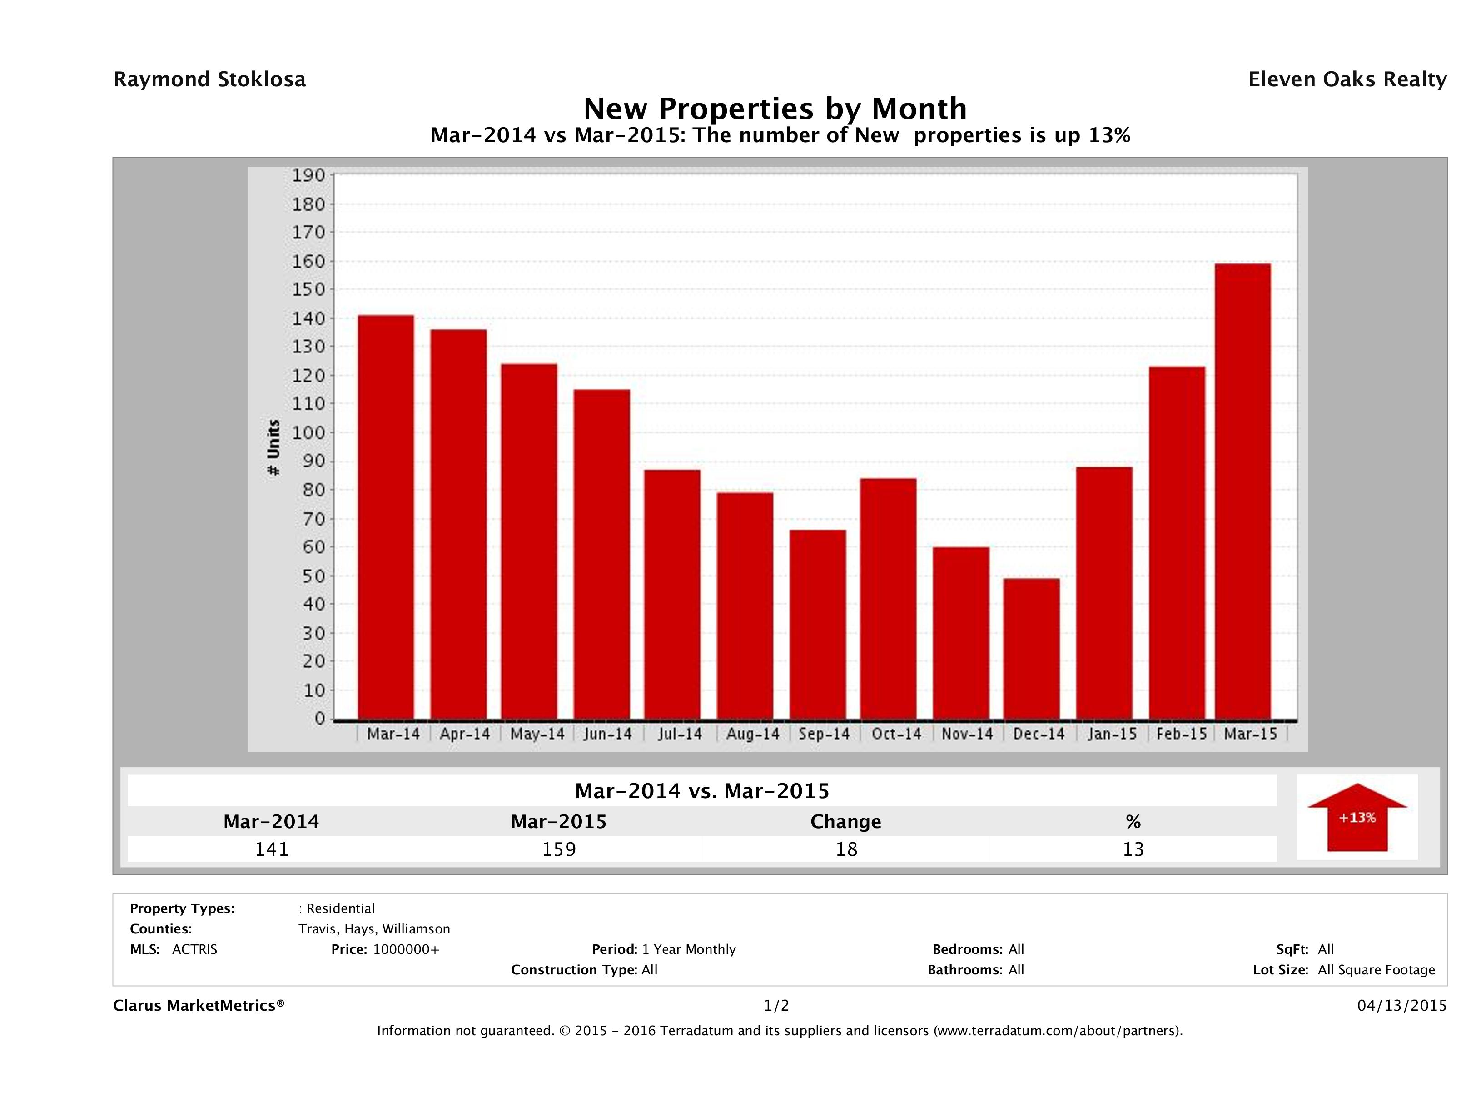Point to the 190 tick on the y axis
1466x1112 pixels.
tap(309, 176)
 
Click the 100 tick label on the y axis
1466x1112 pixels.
tap(309, 433)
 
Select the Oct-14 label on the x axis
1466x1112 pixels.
tap(896, 734)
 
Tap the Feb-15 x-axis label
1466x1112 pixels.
tap(1181, 734)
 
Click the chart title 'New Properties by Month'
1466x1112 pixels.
tap(775, 109)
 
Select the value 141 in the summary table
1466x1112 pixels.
tap(272, 849)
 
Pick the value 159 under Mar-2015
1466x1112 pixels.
tap(559, 849)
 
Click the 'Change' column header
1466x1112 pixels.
tap(846, 822)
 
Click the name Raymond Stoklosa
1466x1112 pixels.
tap(209, 79)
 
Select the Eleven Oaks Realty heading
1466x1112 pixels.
tap(1347, 79)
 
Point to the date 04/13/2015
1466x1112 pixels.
tap(1401, 1005)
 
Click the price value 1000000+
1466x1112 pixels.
tap(406, 949)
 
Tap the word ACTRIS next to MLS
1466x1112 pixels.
tap(194, 949)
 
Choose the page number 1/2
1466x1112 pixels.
tap(776, 1005)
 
